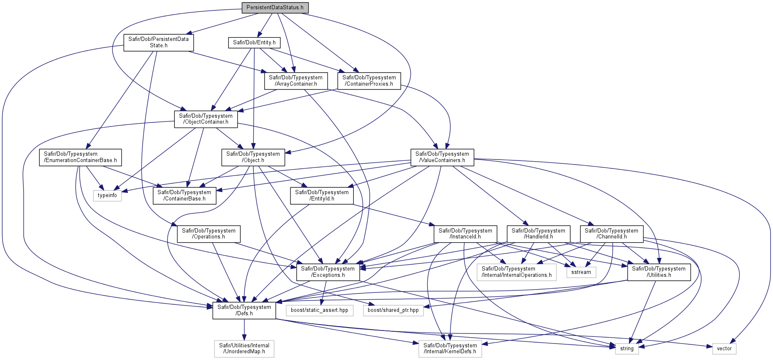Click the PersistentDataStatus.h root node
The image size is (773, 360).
pyautogui.click(x=275, y=8)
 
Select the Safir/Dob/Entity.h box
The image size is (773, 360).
pyautogui.click(x=254, y=43)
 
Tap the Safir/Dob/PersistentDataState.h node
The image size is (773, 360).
pyautogui.click(x=159, y=42)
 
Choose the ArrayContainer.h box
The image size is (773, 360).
pyautogui.click(x=296, y=81)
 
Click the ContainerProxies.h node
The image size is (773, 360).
pyautogui.click(x=369, y=81)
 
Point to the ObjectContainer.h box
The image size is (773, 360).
pyautogui.click(x=206, y=119)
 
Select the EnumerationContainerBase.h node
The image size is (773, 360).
pyautogui.click(x=80, y=157)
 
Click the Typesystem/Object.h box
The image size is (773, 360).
pyautogui.click(x=253, y=157)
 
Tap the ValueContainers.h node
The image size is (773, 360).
pyautogui.click(x=442, y=157)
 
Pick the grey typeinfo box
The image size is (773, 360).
pyautogui.click(x=107, y=195)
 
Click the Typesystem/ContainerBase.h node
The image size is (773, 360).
pyautogui.click(x=184, y=196)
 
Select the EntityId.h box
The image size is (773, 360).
pyautogui.click(x=322, y=196)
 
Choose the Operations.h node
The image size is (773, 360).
pyautogui.click(x=209, y=234)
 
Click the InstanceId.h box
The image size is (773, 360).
pyautogui.click(x=465, y=234)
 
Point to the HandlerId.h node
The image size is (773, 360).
pyautogui.click(x=538, y=234)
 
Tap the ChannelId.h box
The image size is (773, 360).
pyautogui.click(x=612, y=234)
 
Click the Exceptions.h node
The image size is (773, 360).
pyautogui.click(x=328, y=272)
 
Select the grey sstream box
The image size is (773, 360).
pyautogui.click(x=581, y=272)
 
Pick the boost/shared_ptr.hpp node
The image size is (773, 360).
pyautogui.click(x=393, y=310)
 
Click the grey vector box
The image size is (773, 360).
pyautogui.click(x=724, y=349)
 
